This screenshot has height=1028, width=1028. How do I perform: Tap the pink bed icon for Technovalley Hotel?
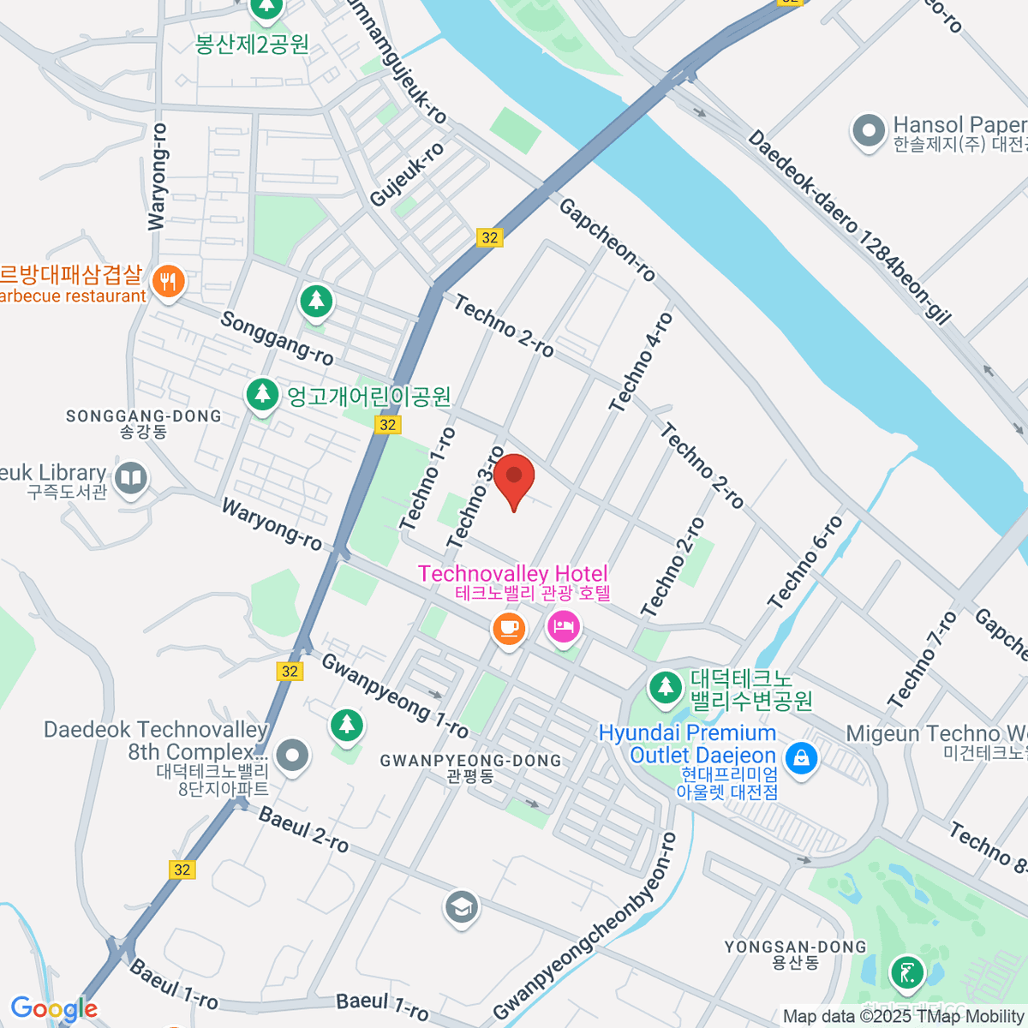(x=564, y=628)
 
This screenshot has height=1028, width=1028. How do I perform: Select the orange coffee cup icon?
(x=509, y=628)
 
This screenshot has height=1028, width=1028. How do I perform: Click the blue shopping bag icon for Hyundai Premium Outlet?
(x=801, y=758)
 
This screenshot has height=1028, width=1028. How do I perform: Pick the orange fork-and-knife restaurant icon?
(x=168, y=281)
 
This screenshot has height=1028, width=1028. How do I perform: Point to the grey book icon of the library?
(x=131, y=478)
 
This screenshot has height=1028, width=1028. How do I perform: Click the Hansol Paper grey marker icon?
(x=869, y=132)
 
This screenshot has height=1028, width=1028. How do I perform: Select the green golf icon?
(x=906, y=973)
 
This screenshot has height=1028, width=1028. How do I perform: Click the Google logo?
(x=54, y=1008)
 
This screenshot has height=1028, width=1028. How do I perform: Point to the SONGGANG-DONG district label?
(x=143, y=416)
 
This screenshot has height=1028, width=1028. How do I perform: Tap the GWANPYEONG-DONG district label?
(x=470, y=761)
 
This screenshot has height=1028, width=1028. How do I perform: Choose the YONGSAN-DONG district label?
(x=796, y=947)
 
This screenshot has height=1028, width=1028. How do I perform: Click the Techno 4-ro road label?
(x=642, y=362)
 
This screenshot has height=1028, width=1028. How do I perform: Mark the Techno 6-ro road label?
(x=805, y=563)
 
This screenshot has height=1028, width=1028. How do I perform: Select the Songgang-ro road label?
(x=277, y=337)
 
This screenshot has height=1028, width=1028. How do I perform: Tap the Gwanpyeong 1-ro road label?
(x=395, y=696)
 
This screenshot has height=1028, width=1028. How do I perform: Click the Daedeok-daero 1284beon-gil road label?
(x=849, y=227)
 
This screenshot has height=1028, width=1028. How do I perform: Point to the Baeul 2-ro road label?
(x=303, y=829)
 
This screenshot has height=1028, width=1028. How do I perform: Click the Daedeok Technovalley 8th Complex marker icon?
(x=293, y=756)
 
